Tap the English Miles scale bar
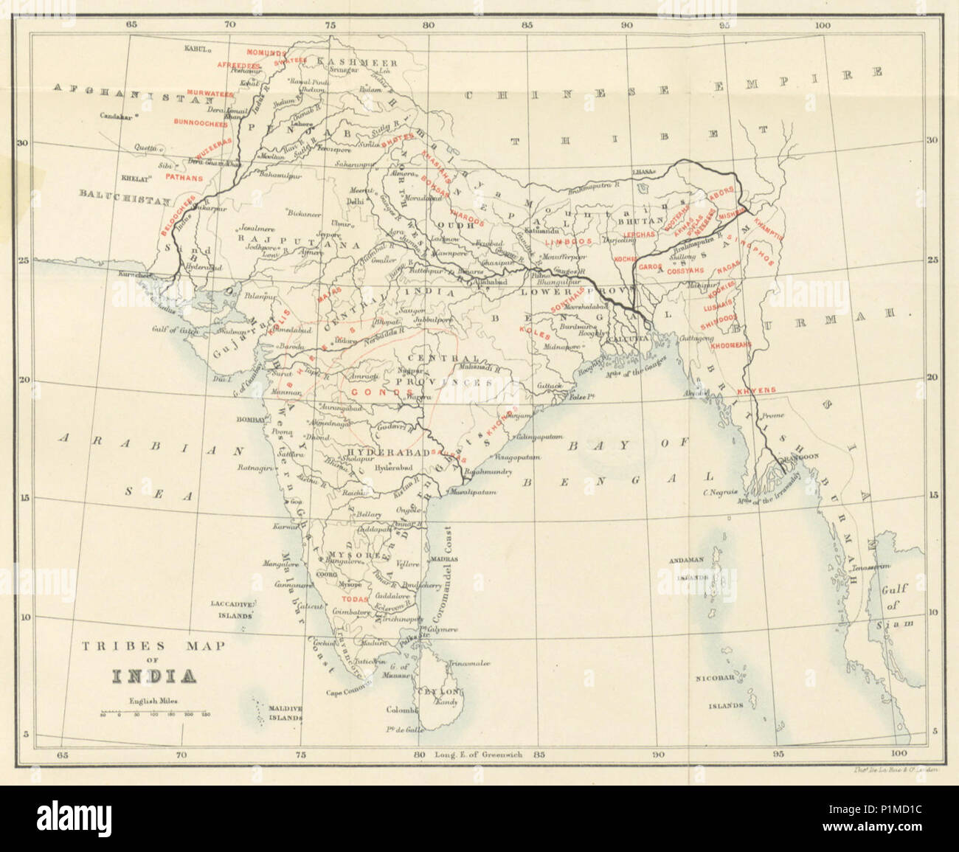tap(153, 714)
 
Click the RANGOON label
tap(800, 457)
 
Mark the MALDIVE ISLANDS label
tap(285, 712)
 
